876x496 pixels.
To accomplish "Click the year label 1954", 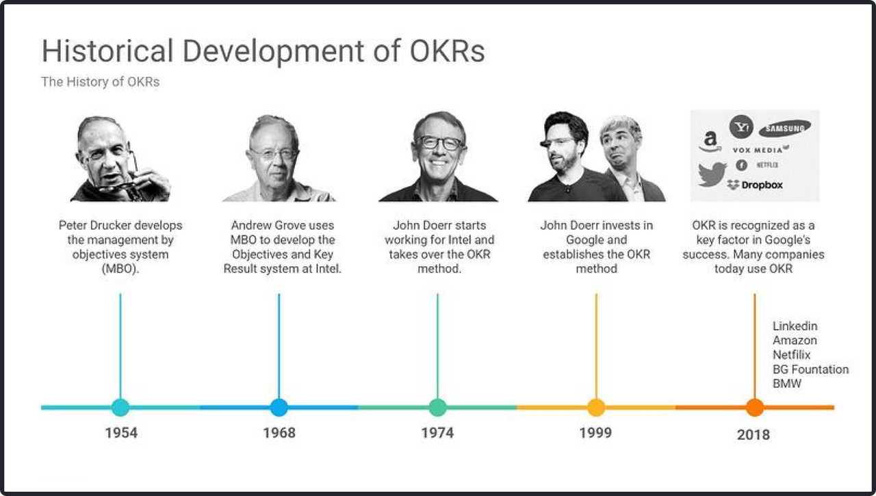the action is pos(121,433).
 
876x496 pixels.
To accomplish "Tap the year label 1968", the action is pos(279,433).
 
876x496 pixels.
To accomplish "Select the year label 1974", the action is pos(437,433).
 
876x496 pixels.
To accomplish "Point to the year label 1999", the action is pos(595,433).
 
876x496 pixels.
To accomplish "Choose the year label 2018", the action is pos(753,435).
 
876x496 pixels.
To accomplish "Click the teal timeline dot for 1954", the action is pos(120,408).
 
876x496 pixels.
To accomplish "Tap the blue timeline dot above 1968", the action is pos(279,408).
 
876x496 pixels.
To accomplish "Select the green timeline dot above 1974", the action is pos(437,408).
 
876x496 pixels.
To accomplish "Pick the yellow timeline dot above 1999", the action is pos(596,408).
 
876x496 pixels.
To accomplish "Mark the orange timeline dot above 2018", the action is pos(755,408).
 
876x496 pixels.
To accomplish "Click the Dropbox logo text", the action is pos(762,185).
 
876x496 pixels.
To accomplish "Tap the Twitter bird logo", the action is pos(712,174).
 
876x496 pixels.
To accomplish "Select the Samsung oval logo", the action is pos(785,128).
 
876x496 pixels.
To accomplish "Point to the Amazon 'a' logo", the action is pos(710,141).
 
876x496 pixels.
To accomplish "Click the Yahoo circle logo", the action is pos(741,127).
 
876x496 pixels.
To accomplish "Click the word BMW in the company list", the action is pos(787,384).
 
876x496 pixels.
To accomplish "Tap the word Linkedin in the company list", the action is pos(795,326).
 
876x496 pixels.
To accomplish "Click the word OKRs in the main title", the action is pos(448,51).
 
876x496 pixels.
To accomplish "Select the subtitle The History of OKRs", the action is pos(101,81).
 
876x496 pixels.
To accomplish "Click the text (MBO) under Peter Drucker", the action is pos(120,269).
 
